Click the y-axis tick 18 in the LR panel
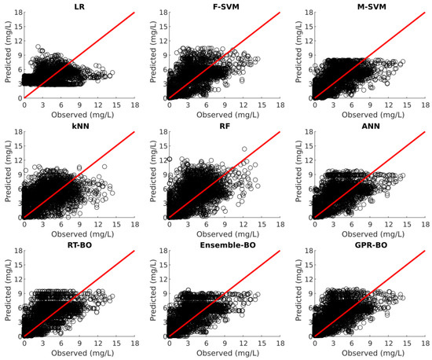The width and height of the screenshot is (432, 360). coord(17,13)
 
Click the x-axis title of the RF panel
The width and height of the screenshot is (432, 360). coord(226,234)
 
